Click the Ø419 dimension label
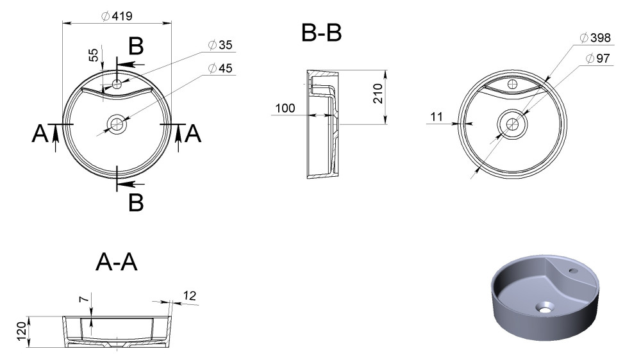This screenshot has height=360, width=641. [x=117, y=16]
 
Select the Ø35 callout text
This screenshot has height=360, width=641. [x=220, y=45]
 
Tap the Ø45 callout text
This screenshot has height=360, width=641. [x=220, y=69]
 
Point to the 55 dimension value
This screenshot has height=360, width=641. [x=94, y=54]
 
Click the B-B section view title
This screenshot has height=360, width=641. [x=321, y=33]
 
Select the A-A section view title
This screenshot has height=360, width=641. [x=117, y=262]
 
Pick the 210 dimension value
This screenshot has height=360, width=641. [x=378, y=94]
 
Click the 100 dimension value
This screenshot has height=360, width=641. [x=285, y=108]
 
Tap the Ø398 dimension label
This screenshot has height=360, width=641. [x=595, y=38]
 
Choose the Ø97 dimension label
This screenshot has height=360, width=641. [x=597, y=58]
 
